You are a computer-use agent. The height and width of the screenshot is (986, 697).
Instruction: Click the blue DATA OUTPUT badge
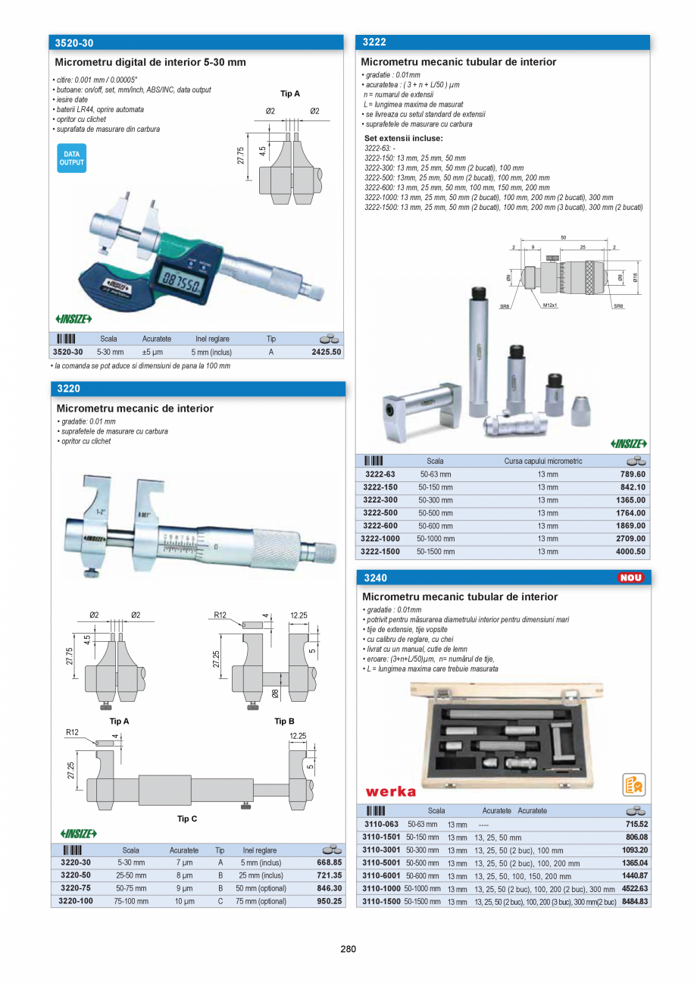coord(71,158)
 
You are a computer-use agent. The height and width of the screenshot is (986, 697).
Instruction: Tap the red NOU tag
coord(630,578)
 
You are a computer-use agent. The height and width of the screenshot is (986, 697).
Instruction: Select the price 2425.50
coord(327,352)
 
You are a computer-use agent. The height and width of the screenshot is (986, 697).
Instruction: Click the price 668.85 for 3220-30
coord(329,862)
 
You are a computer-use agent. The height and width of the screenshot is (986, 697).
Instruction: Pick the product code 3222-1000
coord(381,539)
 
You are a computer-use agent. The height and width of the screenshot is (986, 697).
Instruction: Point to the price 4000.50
coord(630,552)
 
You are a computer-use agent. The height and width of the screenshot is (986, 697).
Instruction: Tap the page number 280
coord(348,949)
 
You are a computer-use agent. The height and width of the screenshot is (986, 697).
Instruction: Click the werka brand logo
coord(391,792)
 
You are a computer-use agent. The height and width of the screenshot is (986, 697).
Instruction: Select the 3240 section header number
coord(374,578)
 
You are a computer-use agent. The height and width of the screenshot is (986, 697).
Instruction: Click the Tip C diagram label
coord(186,819)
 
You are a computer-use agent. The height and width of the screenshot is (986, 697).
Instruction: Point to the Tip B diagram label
coord(284,722)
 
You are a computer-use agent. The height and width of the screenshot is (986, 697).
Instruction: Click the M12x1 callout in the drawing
coord(549,305)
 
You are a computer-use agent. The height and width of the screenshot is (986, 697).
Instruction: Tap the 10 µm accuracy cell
coord(184,902)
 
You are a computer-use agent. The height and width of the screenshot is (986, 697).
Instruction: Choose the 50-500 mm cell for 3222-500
coord(436,513)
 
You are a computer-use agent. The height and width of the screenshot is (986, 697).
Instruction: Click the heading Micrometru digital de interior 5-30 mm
coord(151,62)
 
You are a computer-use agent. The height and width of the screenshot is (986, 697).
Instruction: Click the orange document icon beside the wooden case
coord(633,785)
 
